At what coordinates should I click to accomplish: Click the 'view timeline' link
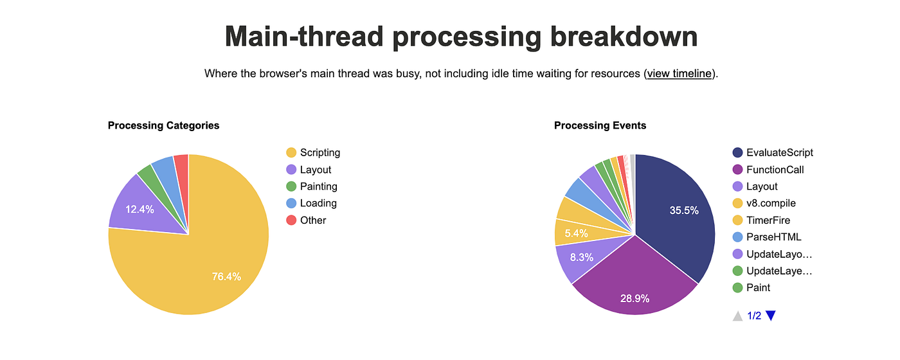click(x=679, y=73)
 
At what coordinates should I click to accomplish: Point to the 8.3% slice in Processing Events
click(x=580, y=257)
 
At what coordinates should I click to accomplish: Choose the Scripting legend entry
click(x=319, y=152)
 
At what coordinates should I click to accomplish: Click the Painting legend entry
click(x=318, y=186)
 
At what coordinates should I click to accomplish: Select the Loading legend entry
click(x=318, y=203)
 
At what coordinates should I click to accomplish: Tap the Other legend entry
click(x=313, y=220)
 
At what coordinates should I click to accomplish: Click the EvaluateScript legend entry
click(x=779, y=152)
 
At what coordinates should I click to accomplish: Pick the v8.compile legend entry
click(x=771, y=203)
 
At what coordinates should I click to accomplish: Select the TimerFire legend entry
click(x=768, y=220)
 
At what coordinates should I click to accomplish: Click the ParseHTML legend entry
click(x=773, y=237)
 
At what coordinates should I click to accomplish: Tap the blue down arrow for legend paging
click(x=771, y=316)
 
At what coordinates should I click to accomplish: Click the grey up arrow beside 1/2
click(x=737, y=316)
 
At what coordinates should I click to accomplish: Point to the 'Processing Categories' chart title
click(x=163, y=125)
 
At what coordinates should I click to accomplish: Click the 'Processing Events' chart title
click(x=600, y=125)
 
